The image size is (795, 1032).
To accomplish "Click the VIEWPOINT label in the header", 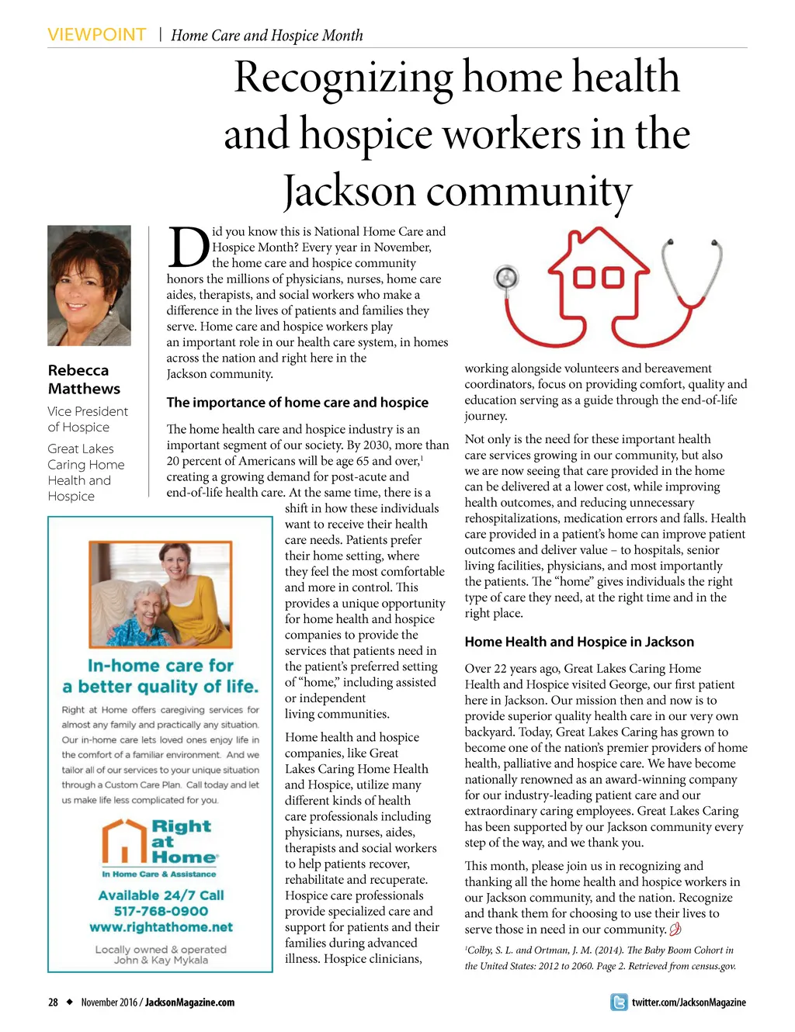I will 96,35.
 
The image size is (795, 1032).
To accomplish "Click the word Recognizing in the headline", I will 343,78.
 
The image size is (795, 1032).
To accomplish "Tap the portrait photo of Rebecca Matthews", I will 89,286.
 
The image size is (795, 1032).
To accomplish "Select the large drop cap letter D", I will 188,248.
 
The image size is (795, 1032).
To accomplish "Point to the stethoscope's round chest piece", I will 506,277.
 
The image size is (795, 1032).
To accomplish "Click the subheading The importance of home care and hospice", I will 297,402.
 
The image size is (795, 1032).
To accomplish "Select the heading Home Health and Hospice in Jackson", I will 579,642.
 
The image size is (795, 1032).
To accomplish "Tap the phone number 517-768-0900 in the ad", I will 161,911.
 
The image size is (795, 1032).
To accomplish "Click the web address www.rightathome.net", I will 161,927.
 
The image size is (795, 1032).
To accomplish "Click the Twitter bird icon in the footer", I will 619,1003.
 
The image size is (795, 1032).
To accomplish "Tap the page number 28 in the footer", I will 53,1003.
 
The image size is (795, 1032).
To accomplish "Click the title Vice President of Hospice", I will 87,419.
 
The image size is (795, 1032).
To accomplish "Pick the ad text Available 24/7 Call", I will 161,895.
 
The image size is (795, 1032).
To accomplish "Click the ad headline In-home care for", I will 161,666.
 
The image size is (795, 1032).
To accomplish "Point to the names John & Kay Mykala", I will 161,960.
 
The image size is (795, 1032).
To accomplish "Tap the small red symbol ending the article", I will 675,929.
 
